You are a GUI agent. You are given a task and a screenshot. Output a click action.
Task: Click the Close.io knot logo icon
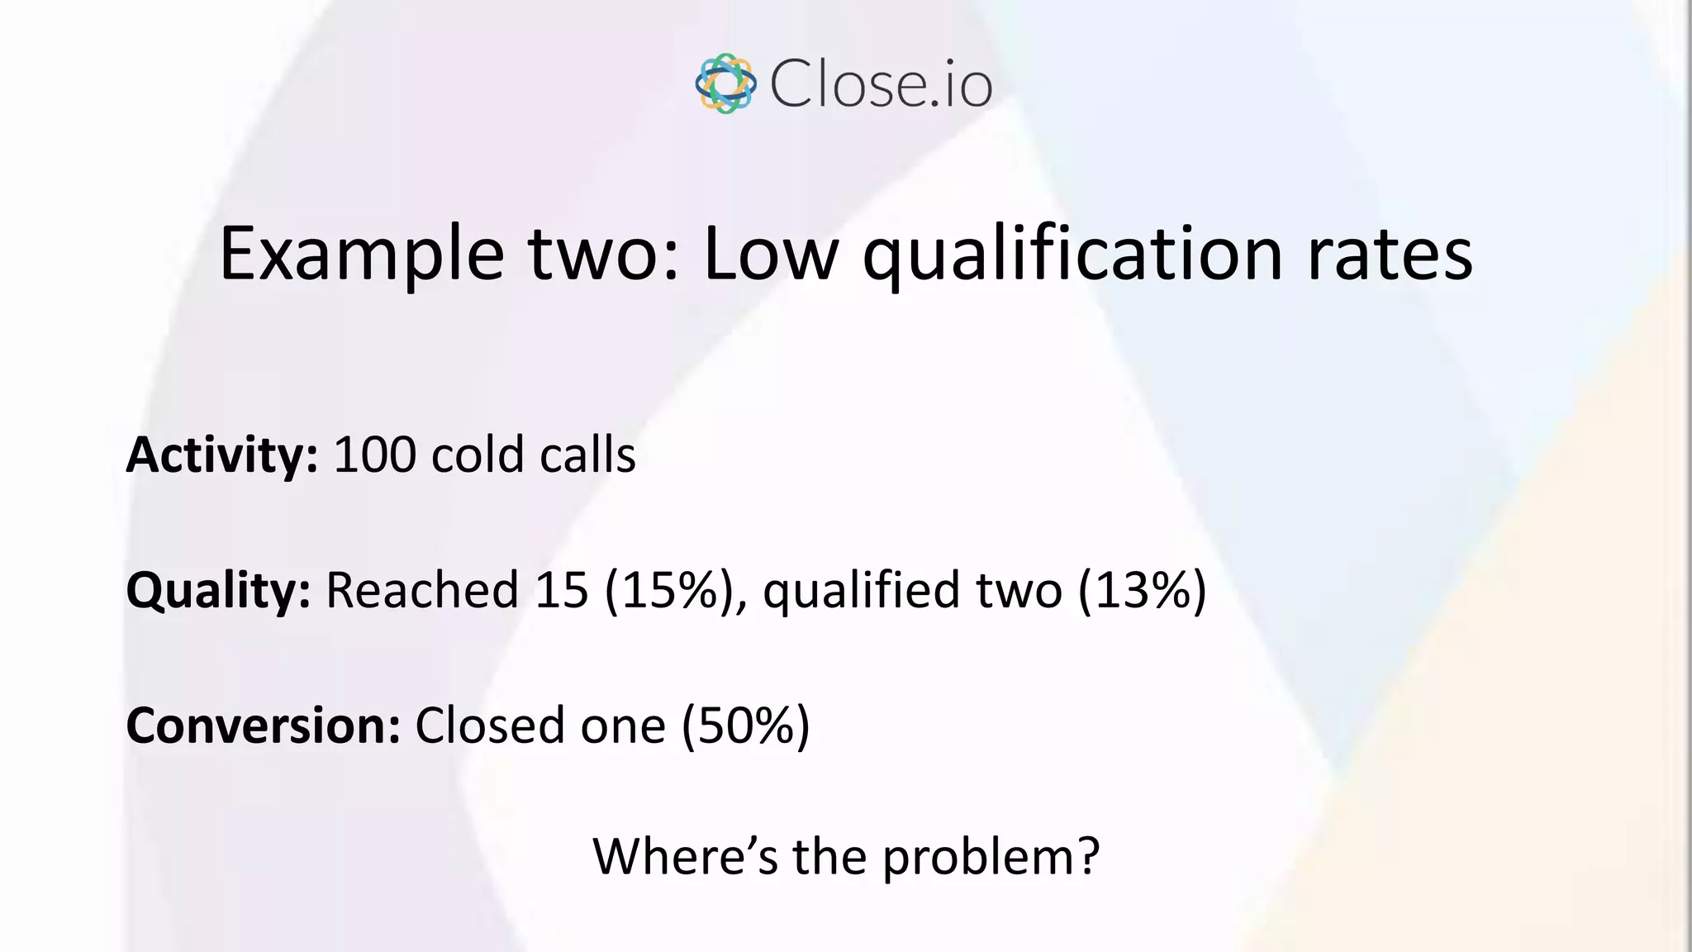[x=725, y=83]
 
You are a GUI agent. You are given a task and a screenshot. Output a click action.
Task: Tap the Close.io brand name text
[x=881, y=84]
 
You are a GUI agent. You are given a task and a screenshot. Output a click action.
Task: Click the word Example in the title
[x=361, y=255]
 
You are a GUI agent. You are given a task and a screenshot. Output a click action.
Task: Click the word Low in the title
[x=771, y=255]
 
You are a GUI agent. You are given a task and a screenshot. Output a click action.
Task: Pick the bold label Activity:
[x=221, y=455]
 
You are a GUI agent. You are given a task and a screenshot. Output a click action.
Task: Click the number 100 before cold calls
[x=374, y=455]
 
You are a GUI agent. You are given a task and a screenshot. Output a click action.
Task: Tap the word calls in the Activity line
[x=587, y=455]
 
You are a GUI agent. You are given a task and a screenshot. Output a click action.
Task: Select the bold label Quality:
[x=218, y=591]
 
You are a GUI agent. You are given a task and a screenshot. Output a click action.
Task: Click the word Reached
[x=422, y=591]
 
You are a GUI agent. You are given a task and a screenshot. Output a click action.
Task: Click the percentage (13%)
[x=1143, y=591]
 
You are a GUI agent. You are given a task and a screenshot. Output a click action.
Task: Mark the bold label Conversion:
[x=263, y=726]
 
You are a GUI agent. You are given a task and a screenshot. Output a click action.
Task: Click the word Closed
[x=489, y=726]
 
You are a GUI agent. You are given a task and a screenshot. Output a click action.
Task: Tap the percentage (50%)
[x=745, y=726]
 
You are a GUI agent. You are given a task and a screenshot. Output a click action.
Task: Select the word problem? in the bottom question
[x=991, y=858]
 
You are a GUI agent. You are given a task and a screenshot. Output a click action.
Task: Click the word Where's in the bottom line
[x=685, y=856]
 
